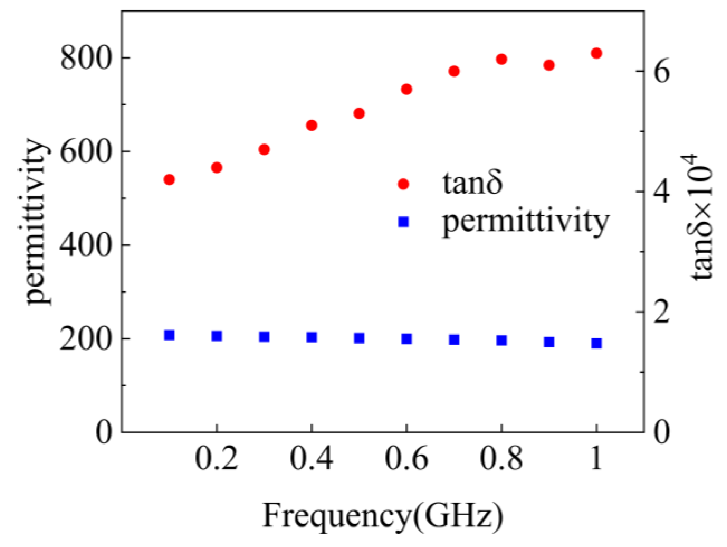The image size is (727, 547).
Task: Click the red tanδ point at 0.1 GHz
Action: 169,180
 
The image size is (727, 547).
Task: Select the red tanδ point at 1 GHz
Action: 596,53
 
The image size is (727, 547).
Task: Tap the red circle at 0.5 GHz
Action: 359,113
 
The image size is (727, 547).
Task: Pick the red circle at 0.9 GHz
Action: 549,65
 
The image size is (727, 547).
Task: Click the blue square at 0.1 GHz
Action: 169,335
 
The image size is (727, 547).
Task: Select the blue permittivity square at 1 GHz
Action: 596,343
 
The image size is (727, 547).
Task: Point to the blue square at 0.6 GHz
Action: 406,339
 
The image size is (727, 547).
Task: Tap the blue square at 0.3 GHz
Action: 264,337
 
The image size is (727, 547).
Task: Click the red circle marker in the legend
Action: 404,184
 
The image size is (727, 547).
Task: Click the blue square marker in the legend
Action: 404,222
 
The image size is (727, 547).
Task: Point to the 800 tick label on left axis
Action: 86,58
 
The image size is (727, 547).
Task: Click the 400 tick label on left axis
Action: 86,245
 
